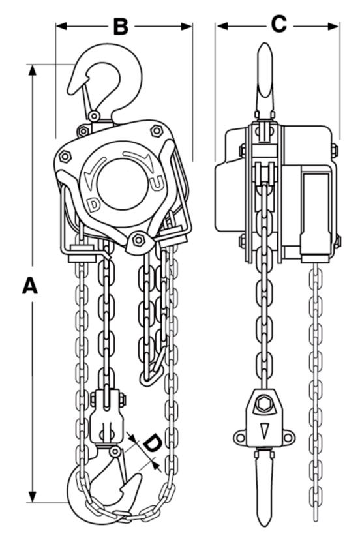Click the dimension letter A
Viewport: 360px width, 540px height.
point(30,286)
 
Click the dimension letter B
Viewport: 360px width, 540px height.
point(121,26)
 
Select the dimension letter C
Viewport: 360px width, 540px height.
point(278,24)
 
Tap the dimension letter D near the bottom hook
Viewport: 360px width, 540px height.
point(151,444)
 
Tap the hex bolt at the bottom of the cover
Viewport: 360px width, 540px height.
point(138,240)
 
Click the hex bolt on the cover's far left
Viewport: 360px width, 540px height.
point(65,157)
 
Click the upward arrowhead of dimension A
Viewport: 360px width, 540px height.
point(33,70)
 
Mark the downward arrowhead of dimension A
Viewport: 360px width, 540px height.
point(33,496)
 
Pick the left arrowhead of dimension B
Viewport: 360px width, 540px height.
point(61,26)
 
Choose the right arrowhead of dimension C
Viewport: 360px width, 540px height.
point(333,26)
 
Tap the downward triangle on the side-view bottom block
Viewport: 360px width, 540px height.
point(264,430)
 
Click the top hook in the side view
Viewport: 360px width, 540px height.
point(265,78)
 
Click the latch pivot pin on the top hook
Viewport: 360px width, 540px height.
point(93,115)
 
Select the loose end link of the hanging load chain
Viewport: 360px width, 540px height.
point(149,378)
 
